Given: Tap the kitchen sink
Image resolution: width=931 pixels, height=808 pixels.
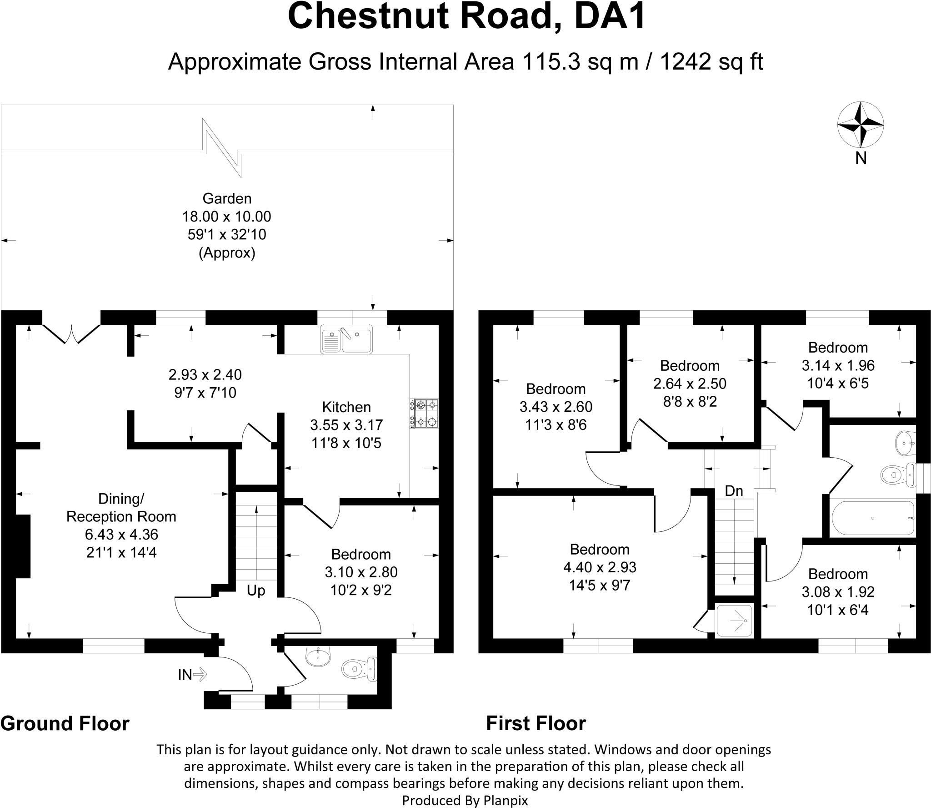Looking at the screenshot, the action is (x=346, y=339).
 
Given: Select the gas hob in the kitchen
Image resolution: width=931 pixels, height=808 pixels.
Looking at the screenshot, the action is (x=425, y=414).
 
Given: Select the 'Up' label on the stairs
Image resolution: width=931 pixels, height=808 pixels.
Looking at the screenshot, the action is (x=255, y=591).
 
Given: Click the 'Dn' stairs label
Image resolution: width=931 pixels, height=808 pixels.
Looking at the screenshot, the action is (x=734, y=490).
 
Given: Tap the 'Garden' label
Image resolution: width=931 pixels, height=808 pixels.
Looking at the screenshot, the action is (x=227, y=198).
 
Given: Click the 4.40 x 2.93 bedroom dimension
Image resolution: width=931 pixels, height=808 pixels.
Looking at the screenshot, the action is (x=600, y=567).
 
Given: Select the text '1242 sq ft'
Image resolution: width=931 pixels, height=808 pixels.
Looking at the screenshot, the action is (x=711, y=62).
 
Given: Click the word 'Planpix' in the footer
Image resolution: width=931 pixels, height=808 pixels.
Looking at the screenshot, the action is (x=507, y=800).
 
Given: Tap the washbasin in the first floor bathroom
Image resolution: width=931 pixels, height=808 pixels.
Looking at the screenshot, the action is (x=904, y=442).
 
